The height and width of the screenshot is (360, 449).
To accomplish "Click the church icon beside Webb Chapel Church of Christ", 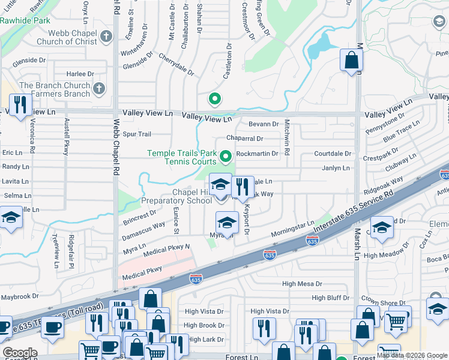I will coord(107,36).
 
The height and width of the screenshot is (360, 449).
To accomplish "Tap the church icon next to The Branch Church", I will coord(99,89).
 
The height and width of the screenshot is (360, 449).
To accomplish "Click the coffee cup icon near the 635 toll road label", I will coord(52,328).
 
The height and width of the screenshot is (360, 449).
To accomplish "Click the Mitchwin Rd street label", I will coord(288,137).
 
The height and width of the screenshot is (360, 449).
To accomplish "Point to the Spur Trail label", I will coord(137,134).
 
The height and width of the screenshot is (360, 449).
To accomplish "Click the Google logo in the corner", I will coord(20,353).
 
